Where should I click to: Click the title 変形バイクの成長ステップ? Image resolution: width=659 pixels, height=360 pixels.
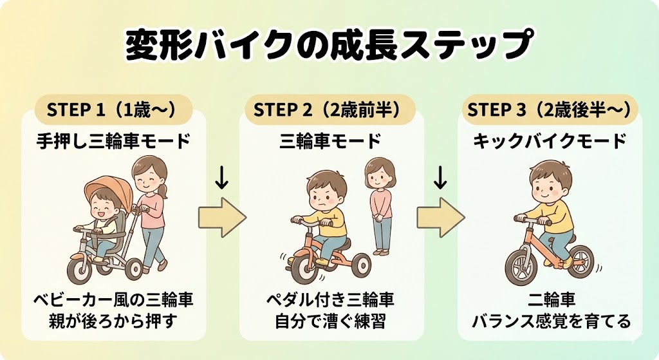click(329, 45)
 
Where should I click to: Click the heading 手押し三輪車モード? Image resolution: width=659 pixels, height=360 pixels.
click(113, 140)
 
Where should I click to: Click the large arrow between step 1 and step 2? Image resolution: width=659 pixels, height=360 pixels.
click(221, 218)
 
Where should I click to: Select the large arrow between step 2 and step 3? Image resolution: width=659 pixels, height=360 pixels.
click(440, 218)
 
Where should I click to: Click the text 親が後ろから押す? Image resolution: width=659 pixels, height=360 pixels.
click(113, 320)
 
